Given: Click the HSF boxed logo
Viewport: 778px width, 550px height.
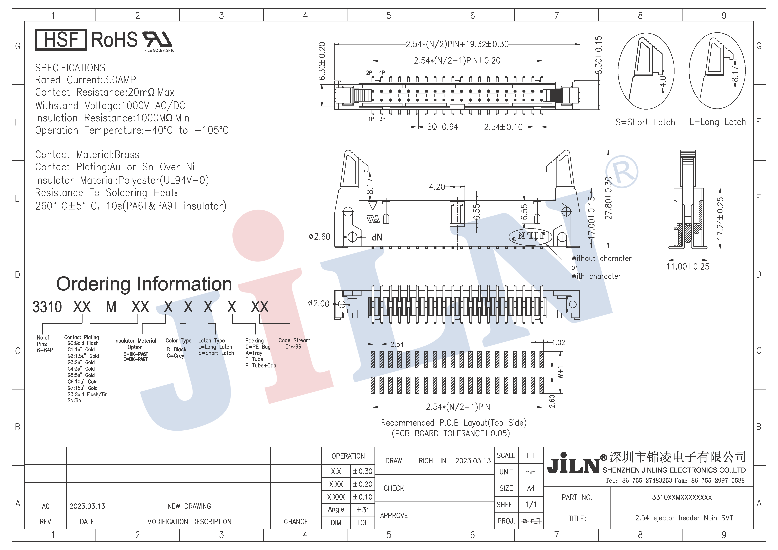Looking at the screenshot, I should click(61, 40).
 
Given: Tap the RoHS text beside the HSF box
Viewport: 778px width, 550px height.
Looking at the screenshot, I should click(115, 40).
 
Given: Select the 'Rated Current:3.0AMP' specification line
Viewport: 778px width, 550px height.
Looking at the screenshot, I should click(85, 80).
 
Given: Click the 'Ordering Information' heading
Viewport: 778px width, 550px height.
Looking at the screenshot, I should click(144, 284).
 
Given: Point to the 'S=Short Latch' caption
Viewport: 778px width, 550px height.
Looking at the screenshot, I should click(645, 122).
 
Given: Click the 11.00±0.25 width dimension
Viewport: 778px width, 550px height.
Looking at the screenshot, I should click(688, 267).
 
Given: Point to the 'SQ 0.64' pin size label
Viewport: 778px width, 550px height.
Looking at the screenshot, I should click(442, 127).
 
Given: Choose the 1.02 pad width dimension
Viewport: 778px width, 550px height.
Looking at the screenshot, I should click(558, 342).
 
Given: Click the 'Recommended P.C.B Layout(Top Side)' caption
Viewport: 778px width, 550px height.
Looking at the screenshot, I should click(453, 423).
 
